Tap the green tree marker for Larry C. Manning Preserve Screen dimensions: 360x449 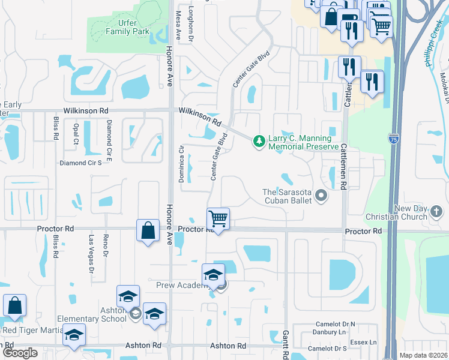(259, 141)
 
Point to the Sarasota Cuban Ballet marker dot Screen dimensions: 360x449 (321, 196)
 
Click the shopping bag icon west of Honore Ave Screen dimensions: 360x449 (147, 230)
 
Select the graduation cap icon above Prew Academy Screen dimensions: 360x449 (213, 274)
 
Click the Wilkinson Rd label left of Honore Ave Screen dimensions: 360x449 (86, 111)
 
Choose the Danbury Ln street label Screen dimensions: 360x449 (331, 332)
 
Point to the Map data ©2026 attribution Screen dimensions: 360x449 (423, 355)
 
